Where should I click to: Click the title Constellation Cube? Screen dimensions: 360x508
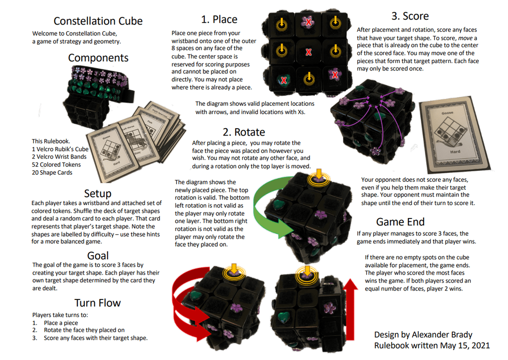pyautogui.click(x=98, y=21)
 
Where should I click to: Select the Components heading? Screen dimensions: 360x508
pyautogui.click(x=98, y=58)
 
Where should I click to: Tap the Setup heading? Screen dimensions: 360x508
pyautogui.click(x=98, y=193)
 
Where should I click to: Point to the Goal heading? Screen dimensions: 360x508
pyautogui.click(x=98, y=255)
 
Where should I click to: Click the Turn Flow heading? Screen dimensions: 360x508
pyautogui.click(x=98, y=303)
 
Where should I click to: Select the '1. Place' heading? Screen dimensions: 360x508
pyautogui.click(x=219, y=19)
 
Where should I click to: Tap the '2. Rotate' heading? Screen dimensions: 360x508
pyautogui.click(x=244, y=132)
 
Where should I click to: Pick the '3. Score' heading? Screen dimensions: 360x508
pyautogui.click(x=410, y=16)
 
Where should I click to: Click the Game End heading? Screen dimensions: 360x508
pyautogui.click(x=400, y=221)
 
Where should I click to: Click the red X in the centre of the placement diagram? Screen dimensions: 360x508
pyautogui.click(x=309, y=52)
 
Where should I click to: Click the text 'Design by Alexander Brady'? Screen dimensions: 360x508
pyautogui.click(x=423, y=335)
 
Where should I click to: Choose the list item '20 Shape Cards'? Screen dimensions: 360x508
pyautogui.click(x=52, y=172)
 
